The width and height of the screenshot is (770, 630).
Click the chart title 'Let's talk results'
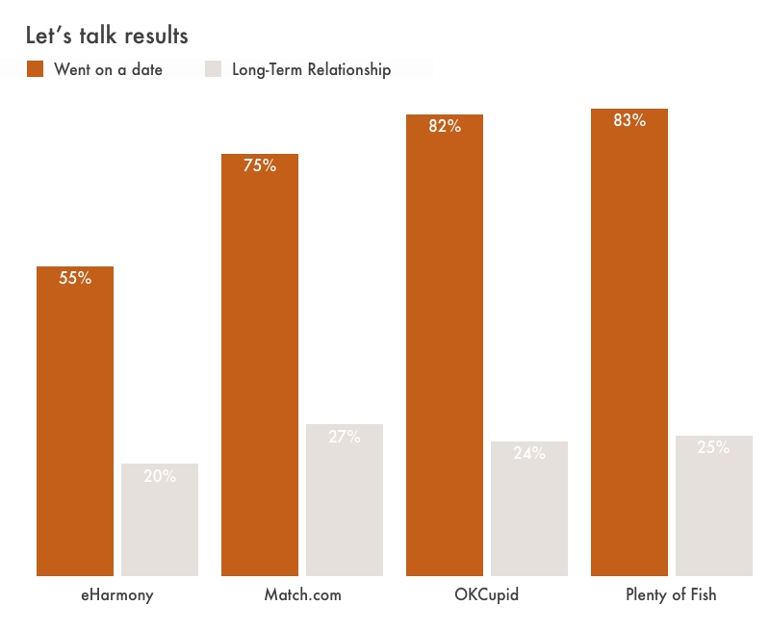[106, 36]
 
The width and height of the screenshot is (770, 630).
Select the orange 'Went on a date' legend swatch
[36, 68]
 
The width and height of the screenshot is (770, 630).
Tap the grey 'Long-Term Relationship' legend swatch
[214, 68]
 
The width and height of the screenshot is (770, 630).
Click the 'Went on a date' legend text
[108, 69]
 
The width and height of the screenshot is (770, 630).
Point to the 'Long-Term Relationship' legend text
[311, 69]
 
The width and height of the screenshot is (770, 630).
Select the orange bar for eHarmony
[75, 433]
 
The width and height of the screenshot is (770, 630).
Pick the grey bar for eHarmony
[160, 524]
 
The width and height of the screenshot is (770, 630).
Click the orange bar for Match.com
[260, 375]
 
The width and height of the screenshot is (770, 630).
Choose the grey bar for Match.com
[345, 505]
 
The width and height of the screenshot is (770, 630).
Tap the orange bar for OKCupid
[445, 356]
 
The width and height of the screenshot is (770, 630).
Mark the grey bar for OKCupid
[529, 515]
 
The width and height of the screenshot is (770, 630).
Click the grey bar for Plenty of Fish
[714, 510]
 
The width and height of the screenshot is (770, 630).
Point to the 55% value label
[75, 278]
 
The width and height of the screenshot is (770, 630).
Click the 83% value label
[629, 120]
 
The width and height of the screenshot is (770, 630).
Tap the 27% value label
[345, 437]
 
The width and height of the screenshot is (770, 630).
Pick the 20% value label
[160, 475]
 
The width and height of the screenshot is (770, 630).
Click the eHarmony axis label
[117, 594]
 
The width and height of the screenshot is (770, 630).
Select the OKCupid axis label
[486, 594]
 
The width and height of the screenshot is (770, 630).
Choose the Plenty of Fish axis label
[671, 594]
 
